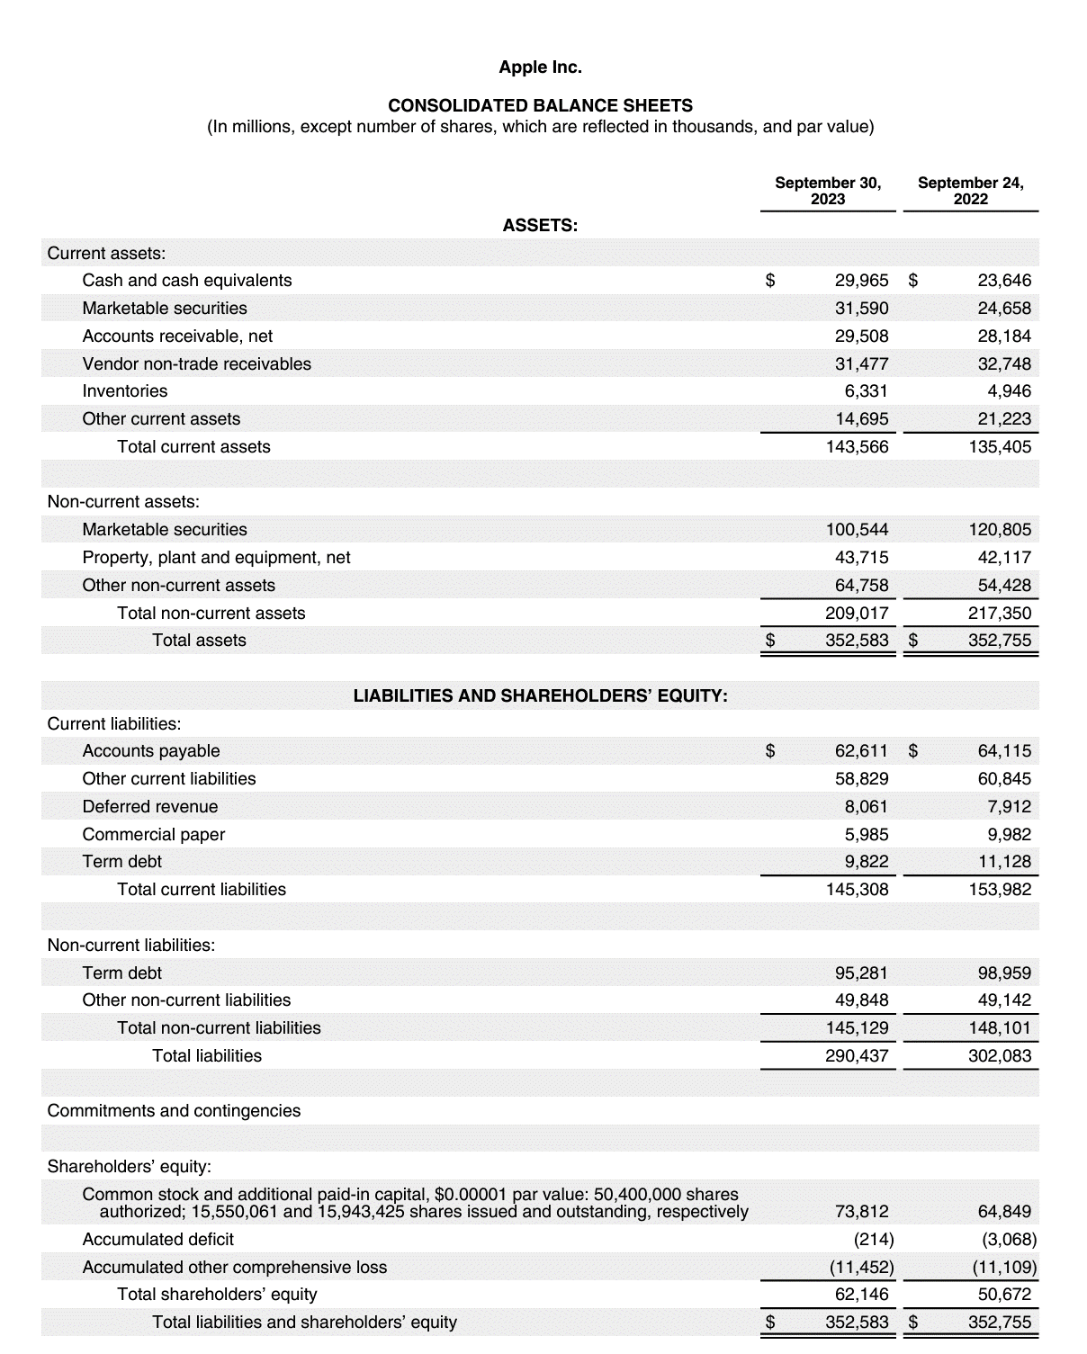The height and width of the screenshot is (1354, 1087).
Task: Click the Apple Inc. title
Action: point(540,67)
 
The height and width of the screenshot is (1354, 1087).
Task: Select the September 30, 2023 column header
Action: point(828,191)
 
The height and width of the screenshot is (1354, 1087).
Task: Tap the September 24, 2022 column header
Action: point(970,191)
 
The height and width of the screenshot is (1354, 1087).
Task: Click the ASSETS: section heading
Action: point(540,226)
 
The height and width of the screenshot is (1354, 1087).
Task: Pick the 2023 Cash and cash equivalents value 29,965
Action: point(861,281)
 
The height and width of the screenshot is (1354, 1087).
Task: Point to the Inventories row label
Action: point(125,391)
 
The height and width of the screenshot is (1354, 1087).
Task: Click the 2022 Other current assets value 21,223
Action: point(1004,419)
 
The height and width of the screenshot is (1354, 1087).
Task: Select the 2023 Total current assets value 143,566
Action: point(858,447)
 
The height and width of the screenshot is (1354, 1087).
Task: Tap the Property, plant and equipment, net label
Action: point(216,558)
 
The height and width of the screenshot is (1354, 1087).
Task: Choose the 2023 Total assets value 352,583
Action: point(858,641)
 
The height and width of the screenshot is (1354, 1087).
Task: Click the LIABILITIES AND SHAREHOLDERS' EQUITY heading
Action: point(540,696)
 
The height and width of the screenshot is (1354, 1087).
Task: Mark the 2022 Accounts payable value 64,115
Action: point(1004,751)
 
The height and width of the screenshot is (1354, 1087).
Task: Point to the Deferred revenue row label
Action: point(150,807)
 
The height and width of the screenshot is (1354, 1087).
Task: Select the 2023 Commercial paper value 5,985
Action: point(866,835)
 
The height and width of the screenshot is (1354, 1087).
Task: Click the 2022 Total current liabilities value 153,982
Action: point(1000,890)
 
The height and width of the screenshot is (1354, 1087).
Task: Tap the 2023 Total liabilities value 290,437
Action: point(858,1056)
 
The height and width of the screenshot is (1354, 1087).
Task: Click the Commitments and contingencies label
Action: point(174,1111)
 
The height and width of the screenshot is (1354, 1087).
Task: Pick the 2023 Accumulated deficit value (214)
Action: point(873,1240)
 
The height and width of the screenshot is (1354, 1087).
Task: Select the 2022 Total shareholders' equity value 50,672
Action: point(1004,1295)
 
